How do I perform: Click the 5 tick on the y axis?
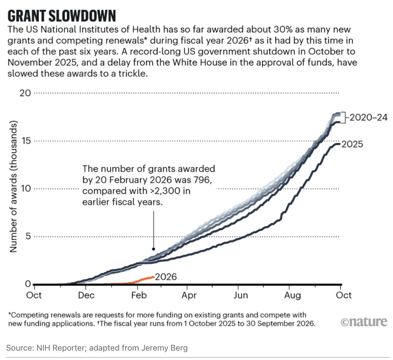coord(27,236)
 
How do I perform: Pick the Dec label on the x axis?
coord(86,295)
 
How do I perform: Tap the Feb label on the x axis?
coord(137,295)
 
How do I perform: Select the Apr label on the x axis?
coord(188,295)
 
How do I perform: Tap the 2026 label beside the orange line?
coord(166,277)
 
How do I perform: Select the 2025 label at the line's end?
coord(352,144)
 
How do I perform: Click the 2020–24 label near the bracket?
coord(366,118)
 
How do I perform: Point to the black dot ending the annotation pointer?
coord(154,249)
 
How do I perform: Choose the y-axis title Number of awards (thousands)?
coord(13,187)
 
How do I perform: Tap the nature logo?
coord(363,322)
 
